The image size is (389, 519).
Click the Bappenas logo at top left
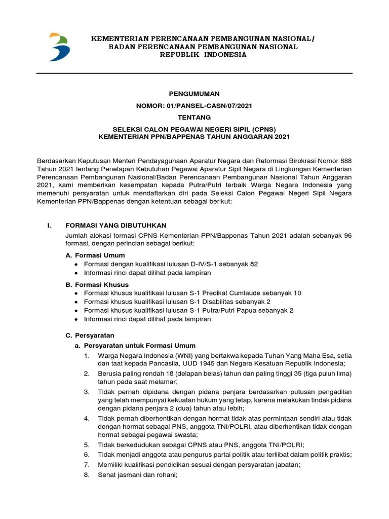click(x=59, y=47)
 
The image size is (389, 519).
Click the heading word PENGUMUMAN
click(x=194, y=94)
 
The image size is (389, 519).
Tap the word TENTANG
click(x=194, y=117)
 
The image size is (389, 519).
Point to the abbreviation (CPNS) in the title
click(x=262, y=129)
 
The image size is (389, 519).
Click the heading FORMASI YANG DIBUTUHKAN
click(x=116, y=225)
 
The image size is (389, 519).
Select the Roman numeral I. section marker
click(x=44, y=225)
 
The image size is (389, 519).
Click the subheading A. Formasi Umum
click(x=96, y=255)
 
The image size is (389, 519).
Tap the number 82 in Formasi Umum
click(x=254, y=264)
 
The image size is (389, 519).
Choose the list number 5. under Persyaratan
click(x=87, y=444)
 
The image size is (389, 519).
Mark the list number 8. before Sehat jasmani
click(x=87, y=475)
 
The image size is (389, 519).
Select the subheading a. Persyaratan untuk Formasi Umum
click(x=134, y=345)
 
